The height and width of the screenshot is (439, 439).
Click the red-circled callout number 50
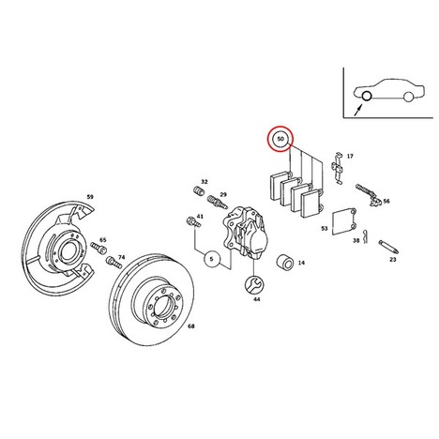(280, 139)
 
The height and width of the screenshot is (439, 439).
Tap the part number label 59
(90, 197)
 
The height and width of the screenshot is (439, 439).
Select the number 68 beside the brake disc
(191, 326)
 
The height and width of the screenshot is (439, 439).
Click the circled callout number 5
(212, 259)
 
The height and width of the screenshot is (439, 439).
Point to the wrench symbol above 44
(254, 285)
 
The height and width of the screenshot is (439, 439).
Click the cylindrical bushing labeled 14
(285, 263)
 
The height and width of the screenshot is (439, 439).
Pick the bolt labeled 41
(193, 222)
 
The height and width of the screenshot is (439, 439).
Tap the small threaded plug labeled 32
(198, 190)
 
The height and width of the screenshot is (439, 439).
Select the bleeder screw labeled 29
(217, 202)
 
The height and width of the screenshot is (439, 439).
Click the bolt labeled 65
(98, 248)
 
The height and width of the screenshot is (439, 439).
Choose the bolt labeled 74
(114, 262)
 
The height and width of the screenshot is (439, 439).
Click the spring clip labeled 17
(338, 168)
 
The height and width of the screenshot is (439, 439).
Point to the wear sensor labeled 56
(369, 195)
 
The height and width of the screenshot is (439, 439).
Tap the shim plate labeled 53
(344, 221)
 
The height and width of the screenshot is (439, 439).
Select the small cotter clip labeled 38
(365, 236)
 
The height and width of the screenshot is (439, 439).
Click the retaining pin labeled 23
(388, 247)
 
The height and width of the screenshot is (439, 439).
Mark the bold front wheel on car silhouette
(366, 97)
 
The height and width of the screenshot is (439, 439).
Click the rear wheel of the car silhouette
(408, 97)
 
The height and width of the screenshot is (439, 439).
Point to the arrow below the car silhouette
(358, 111)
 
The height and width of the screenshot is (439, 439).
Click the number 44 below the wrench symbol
(257, 299)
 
